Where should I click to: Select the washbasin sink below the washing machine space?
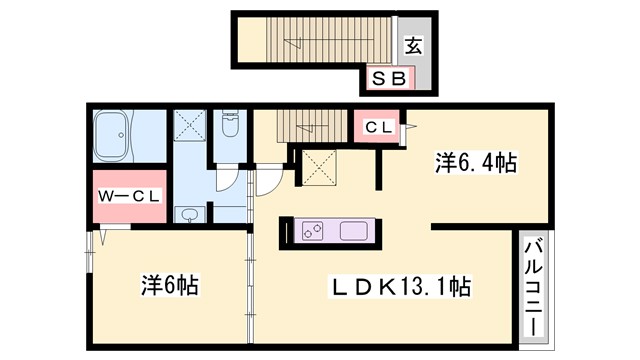[188, 213]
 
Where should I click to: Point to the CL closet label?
[376, 127]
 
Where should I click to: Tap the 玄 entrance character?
[412, 44]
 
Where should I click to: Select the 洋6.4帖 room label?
[474, 163]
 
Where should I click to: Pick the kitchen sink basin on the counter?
[355, 231]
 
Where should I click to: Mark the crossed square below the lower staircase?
[319, 167]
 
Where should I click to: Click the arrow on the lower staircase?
[312, 123]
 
